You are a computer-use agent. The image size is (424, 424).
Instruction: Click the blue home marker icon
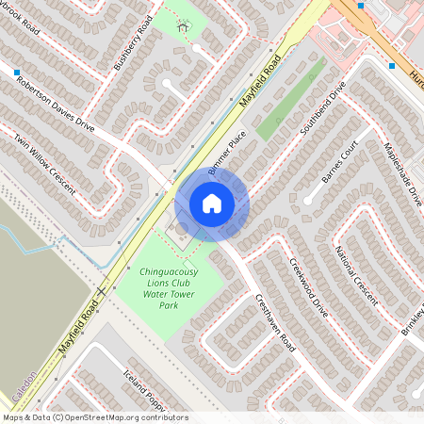tap(211, 204)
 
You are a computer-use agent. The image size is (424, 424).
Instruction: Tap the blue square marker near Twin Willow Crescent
tap(16, 71)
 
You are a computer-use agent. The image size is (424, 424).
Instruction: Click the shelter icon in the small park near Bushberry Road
tap(183, 26)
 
